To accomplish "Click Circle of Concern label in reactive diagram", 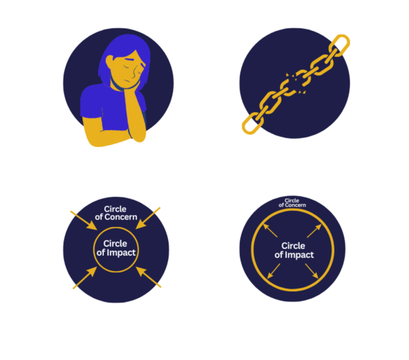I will [x=116, y=213].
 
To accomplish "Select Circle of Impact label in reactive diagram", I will [x=116, y=248].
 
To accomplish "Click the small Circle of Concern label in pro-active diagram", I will [x=292, y=203].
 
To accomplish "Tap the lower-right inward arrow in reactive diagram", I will [x=149, y=278].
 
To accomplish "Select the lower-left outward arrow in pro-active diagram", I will [x=274, y=271].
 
